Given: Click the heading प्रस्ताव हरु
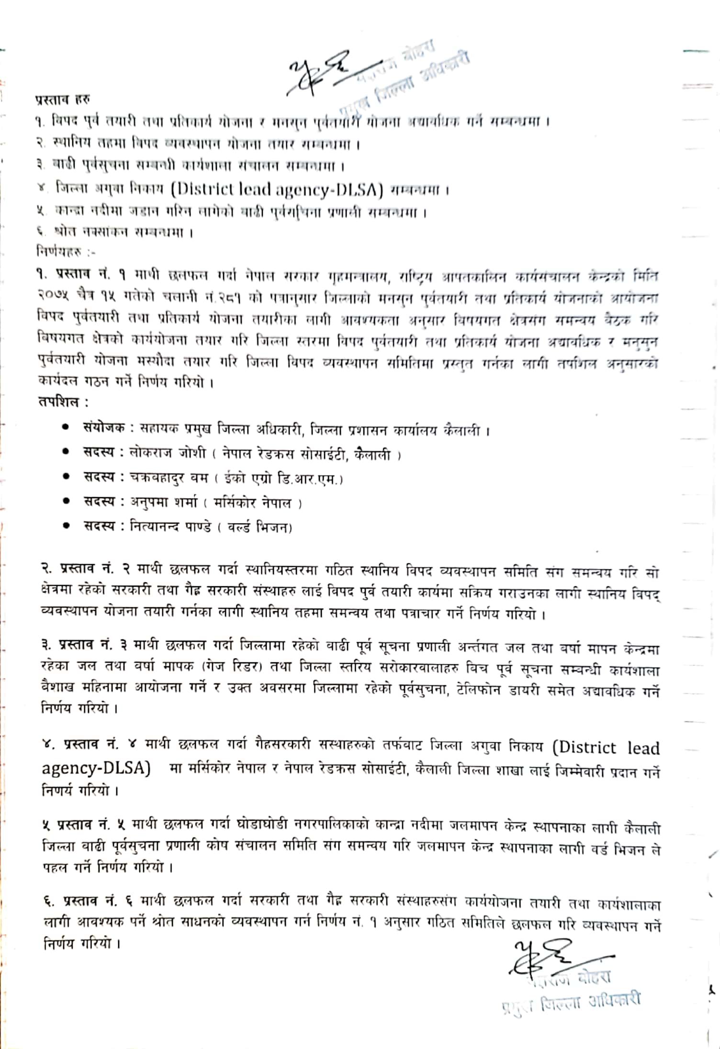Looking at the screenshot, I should click(x=62, y=100).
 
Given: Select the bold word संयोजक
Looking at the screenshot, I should click(x=104, y=427).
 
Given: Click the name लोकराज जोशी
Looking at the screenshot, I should click(x=168, y=452).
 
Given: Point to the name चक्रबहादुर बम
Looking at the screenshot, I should click(x=169, y=477).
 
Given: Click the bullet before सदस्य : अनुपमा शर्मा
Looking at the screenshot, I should click(x=67, y=501).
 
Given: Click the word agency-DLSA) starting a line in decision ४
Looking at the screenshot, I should click(x=96, y=768).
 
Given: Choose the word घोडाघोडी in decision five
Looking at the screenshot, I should click(x=262, y=825).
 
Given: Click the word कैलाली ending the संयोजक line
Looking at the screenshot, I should click(x=462, y=430).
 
